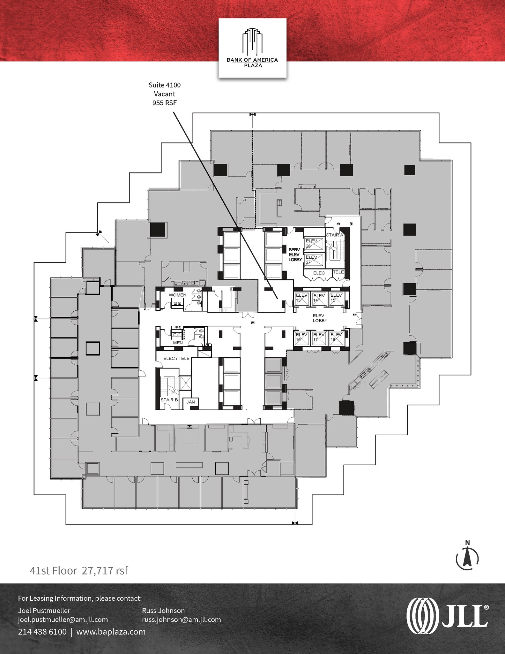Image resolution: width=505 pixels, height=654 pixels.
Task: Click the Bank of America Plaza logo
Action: (252, 48)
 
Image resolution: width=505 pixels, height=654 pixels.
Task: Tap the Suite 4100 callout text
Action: (164, 94)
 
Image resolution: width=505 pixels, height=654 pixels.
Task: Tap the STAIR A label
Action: (334, 235)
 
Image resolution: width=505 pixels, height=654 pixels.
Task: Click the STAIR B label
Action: (169, 399)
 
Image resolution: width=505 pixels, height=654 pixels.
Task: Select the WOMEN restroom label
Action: (177, 295)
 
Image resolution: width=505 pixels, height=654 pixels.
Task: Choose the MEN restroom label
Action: (178, 343)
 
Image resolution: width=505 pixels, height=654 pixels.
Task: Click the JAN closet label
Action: (190, 402)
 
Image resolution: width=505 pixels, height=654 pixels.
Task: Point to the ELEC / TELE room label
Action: (176, 358)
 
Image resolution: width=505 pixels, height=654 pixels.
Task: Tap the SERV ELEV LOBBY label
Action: (295, 255)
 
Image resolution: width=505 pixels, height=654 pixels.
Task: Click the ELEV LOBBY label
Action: (320, 318)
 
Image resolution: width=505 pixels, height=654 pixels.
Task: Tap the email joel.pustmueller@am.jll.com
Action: (63, 620)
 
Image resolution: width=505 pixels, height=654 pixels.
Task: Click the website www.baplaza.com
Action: (111, 632)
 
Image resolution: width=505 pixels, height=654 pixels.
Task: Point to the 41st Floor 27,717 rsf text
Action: (78, 571)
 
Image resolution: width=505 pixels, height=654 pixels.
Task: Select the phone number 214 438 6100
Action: (42, 632)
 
